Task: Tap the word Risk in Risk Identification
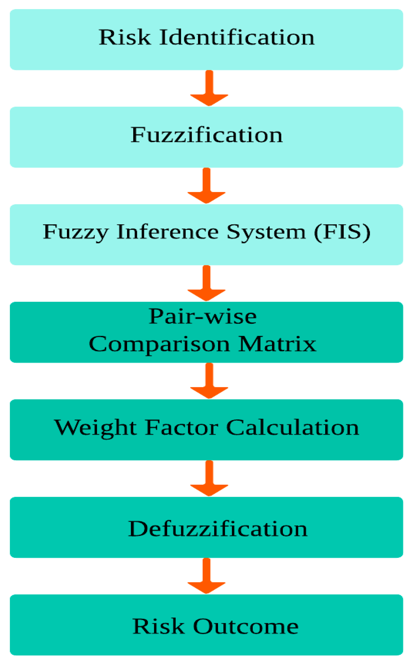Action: coord(125,37)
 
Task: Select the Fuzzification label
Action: coord(206,135)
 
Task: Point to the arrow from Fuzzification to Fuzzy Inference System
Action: coord(207,186)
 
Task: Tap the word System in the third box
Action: coord(266,233)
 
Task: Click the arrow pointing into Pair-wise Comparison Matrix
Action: coord(207,284)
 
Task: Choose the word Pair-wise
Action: coord(203,317)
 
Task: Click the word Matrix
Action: coord(277,344)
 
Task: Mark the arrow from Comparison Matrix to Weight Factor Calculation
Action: coord(209,381)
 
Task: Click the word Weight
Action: coord(95,428)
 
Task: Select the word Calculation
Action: coord(293,428)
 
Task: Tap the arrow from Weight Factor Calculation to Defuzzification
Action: coord(209,479)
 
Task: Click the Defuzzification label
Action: coord(217,529)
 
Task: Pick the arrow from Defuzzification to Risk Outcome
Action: coord(207,576)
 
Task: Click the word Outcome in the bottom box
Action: coord(246,627)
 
